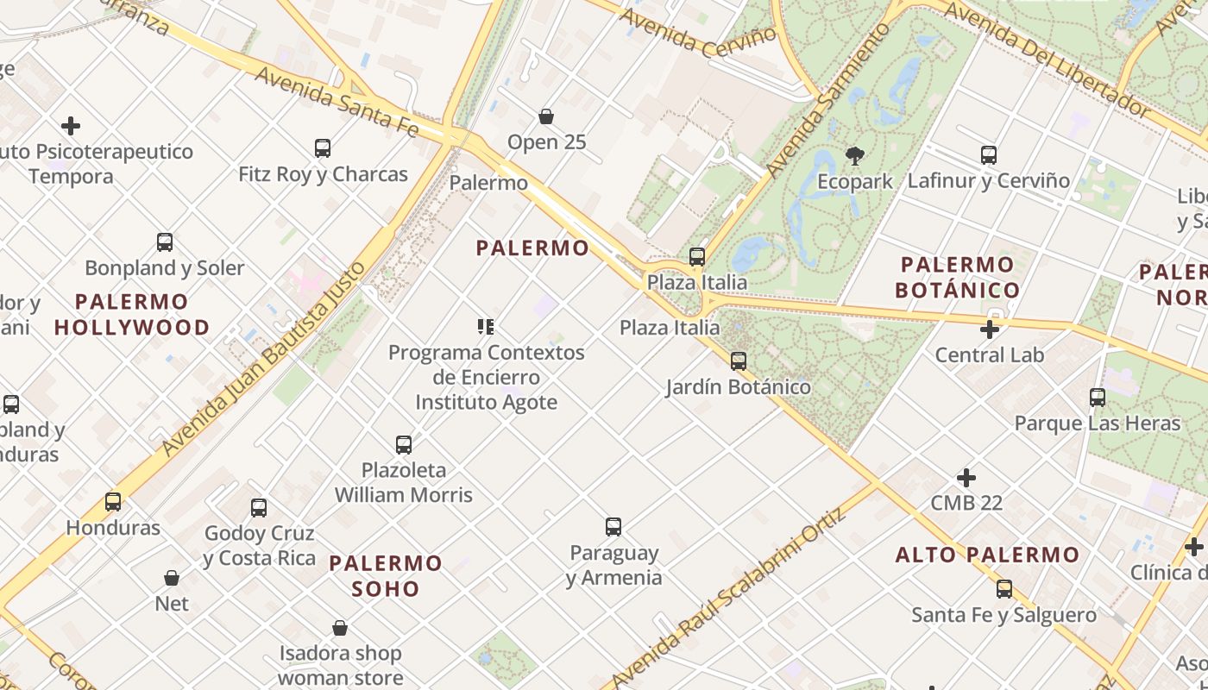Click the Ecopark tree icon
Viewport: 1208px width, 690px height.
(855, 156)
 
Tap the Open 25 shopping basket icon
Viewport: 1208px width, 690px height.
(546, 116)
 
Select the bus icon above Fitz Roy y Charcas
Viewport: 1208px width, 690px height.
(323, 148)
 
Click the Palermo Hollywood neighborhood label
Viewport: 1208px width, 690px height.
(132, 315)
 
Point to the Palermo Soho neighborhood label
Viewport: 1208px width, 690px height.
(386, 576)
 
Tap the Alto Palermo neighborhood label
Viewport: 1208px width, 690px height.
(987, 555)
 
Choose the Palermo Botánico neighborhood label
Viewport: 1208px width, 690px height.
(958, 277)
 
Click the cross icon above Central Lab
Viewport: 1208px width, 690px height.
(990, 329)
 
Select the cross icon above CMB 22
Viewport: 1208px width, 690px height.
(966, 478)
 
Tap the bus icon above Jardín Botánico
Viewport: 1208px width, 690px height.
(739, 361)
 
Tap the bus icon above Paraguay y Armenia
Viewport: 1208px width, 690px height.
(613, 526)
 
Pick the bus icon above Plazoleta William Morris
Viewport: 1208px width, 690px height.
(404, 445)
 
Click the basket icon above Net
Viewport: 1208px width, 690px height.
(172, 578)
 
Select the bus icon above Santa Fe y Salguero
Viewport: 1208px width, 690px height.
(1004, 589)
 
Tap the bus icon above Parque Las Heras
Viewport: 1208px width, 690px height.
(1098, 398)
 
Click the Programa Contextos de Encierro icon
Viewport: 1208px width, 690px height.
(486, 327)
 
